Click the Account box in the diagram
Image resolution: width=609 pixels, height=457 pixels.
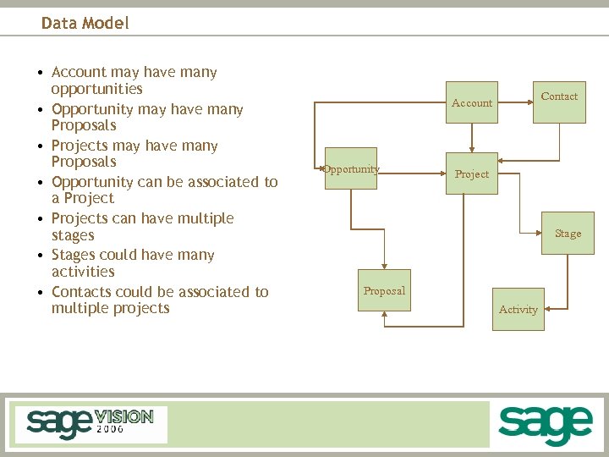[472, 103]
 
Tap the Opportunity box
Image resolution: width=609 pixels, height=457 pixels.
[351, 169]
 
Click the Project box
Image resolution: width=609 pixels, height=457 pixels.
[472, 174]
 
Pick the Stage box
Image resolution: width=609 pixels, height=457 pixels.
[568, 234]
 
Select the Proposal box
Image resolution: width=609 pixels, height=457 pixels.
[385, 291]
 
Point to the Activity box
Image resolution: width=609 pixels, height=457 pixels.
[518, 310]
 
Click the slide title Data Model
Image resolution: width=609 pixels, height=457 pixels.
[85, 23]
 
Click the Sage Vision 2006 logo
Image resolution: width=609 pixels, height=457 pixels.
[91, 423]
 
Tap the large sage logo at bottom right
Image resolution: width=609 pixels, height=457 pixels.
[545, 425]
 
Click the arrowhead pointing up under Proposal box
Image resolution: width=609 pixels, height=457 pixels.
[385, 315]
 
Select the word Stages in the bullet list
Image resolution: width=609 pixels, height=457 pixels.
[74, 255]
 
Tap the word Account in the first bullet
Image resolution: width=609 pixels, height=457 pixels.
[79, 72]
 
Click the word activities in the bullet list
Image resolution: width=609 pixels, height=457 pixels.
[83, 272]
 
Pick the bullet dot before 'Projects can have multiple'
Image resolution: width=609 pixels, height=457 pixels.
[40, 219]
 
